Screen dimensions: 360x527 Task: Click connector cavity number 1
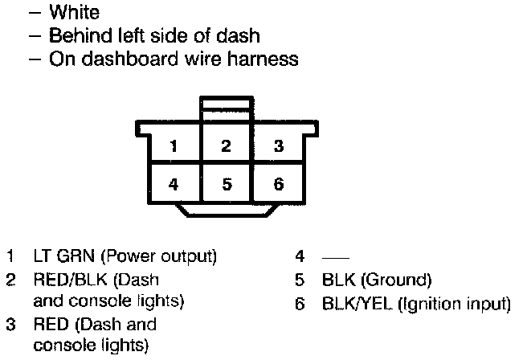click(174, 146)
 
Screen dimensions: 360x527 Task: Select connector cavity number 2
click(227, 146)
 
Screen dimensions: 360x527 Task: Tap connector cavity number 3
click(278, 146)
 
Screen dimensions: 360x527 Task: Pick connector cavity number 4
click(174, 183)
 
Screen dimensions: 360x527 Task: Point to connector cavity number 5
click(227, 183)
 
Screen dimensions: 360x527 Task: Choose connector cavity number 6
click(278, 183)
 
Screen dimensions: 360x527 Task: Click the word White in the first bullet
click(75, 13)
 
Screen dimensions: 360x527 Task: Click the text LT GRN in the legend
click(59, 258)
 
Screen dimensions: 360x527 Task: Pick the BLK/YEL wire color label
click(350, 305)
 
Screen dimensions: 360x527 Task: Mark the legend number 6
click(300, 305)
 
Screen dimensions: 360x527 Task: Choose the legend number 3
click(10, 325)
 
